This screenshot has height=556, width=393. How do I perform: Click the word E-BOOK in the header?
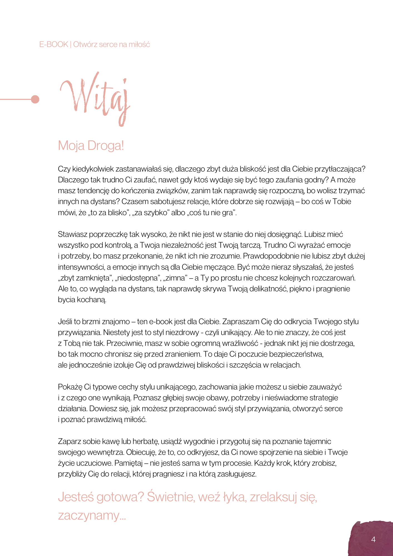click(54, 44)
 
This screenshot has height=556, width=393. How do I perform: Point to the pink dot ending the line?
click(35, 99)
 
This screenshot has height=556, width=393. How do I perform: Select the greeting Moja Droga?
click(91, 146)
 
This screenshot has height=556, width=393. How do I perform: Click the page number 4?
click(373, 539)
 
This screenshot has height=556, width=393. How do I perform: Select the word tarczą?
click(251, 245)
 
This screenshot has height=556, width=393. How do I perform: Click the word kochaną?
click(93, 300)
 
